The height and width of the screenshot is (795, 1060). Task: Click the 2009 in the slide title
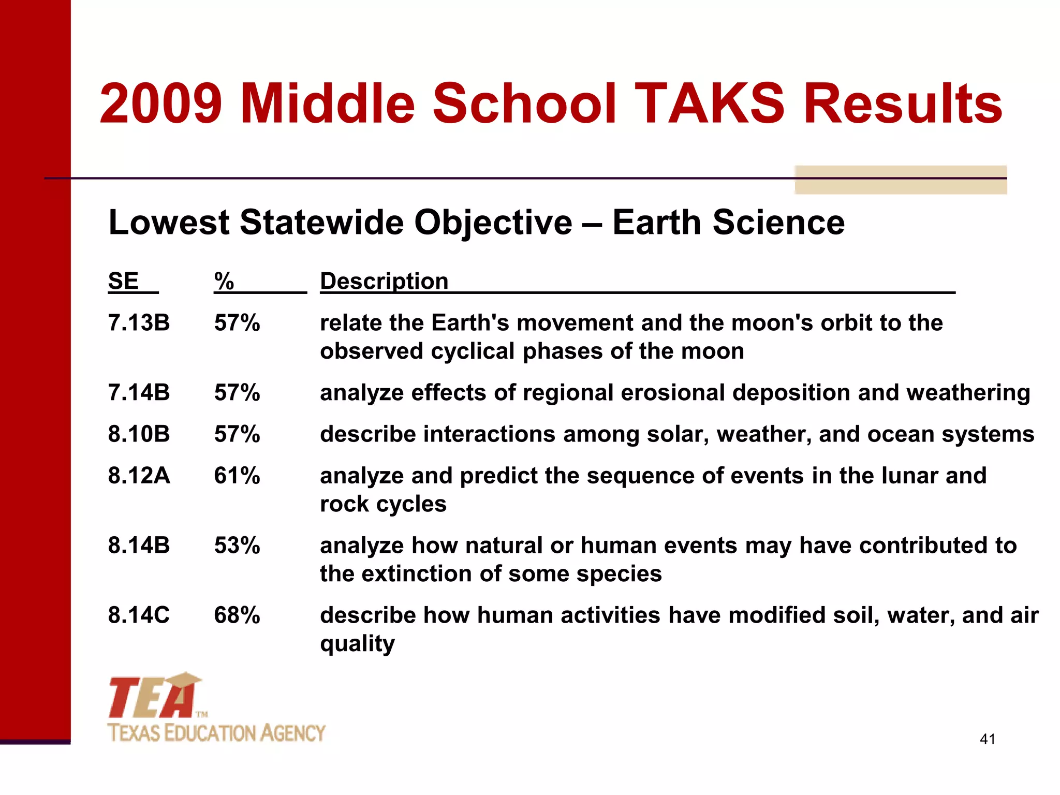point(161,105)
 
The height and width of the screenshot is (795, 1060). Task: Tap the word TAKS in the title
point(710,105)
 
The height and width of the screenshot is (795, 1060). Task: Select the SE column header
point(123,282)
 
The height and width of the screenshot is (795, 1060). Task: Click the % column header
point(224,282)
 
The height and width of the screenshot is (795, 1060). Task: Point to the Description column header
point(384,282)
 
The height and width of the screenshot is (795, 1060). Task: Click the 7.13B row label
point(139,323)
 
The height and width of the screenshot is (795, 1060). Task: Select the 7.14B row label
point(139,393)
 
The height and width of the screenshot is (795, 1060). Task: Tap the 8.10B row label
point(139,434)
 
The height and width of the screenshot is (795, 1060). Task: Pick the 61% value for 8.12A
point(237,476)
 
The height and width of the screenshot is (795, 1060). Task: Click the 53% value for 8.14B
point(237,546)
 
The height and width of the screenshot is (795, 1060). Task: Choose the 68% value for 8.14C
point(237,615)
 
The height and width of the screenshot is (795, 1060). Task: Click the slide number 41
point(988,739)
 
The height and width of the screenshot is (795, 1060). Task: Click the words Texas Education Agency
point(216,733)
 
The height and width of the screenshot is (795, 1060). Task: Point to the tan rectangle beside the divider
point(901,180)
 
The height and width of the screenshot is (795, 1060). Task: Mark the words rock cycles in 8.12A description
point(383,504)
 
